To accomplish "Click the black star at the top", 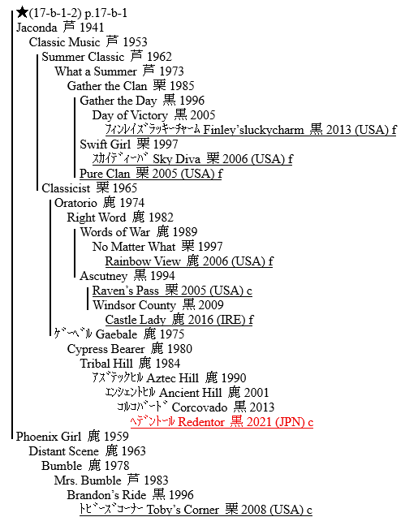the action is tap(22, 13).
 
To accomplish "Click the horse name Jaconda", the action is tap(37, 28).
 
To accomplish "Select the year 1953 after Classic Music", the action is tap(135, 42).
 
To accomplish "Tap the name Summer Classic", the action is tap(83, 57).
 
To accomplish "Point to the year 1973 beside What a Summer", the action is tap(171, 71).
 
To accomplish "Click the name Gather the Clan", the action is tap(107, 86).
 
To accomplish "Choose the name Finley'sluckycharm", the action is tap(253, 130).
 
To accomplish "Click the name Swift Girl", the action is tap(106, 144).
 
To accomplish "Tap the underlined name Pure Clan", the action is tap(105, 174).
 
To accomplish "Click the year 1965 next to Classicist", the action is tap(125, 188).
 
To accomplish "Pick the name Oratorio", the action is tap(75, 203).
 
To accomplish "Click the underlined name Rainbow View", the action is tap(143, 261).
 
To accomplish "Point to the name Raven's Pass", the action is tap(126, 291).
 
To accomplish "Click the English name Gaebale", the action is tap(117, 334).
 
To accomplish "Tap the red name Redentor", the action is tap(201, 422).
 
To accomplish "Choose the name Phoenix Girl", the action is tap(49, 437).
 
